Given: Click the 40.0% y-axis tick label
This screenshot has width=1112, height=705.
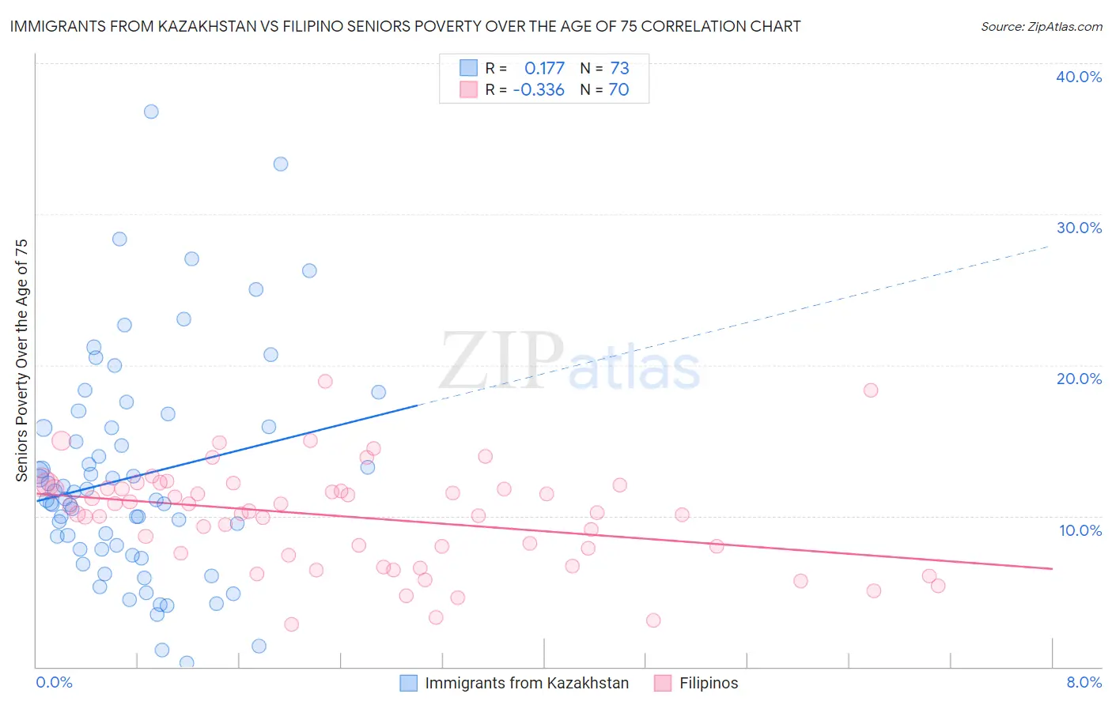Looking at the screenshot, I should (1079, 77).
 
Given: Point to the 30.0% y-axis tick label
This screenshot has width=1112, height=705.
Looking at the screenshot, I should (1079, 228).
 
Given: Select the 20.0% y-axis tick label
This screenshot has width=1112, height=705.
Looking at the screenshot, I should (1079, 379).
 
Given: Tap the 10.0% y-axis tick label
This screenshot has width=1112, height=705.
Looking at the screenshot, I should (1080, 530).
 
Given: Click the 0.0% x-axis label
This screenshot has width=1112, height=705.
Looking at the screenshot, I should (54, 682).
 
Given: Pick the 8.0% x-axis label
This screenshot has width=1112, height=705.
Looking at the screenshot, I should (1084, 682).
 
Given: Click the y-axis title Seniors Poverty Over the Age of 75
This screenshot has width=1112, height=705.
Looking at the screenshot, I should (22, 360).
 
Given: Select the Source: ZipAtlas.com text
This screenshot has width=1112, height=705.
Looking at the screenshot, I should (1041, 27).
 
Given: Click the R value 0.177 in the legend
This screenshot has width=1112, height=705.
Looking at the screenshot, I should (544, 69).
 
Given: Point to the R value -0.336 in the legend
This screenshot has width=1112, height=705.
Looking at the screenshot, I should (539, 90).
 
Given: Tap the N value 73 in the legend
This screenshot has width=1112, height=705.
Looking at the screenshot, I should (619, 69).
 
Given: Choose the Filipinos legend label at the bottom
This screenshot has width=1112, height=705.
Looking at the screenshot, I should (709, 683).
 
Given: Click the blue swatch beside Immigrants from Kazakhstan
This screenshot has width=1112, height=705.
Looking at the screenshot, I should (408, 683).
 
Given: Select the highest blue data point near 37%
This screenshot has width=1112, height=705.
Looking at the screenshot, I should (151, 111).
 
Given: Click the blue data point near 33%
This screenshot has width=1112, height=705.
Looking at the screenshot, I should (281, 164).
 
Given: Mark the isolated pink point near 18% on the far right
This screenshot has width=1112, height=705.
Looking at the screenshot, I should (871, 390).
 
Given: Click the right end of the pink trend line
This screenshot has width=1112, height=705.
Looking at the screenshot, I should (1052, 568).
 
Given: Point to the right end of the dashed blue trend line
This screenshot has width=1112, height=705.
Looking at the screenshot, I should (1049, 247).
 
